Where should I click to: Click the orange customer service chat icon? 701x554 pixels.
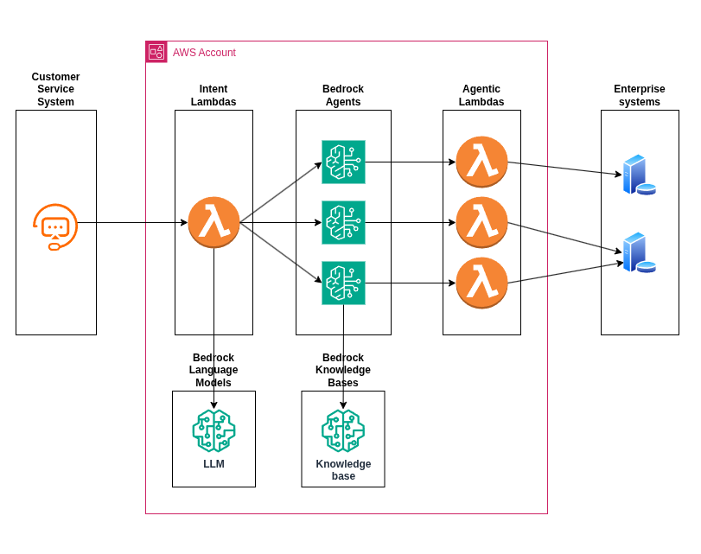(x=55, y=226)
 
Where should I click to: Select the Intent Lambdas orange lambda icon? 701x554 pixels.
(x=213, y=222)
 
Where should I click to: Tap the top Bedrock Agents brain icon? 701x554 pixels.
(x=343, y=162)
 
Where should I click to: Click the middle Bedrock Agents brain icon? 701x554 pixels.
(x=343, y=222)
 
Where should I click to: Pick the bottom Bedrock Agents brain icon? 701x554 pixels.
(x=343, y=283)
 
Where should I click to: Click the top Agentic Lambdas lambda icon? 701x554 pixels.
(x=481, y=162)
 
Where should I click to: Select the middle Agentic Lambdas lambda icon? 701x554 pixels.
(x=481, y=222)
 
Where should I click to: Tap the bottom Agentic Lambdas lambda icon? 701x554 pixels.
(x=481, y=283)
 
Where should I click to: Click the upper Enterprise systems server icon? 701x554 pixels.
(x=638, y=175)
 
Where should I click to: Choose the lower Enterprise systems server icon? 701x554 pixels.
(x=638, y=252)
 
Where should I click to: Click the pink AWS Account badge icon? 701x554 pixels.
(x=156, y=52)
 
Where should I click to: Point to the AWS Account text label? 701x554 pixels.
(x=204, y=53)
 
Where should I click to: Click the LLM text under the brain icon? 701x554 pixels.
(x=213, y=464)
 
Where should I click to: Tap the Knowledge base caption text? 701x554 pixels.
(x=343, y=470)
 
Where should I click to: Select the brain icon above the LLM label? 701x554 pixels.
(x=213, y=430)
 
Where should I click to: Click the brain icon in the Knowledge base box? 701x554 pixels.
(x=343, y=430)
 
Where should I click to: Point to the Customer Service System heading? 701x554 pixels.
(x=55, y=89)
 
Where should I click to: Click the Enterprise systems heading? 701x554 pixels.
(x=640, y=95)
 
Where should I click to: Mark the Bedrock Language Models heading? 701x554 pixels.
(x=213, y=370)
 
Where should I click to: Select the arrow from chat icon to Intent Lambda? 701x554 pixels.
(x=130, y=222)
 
